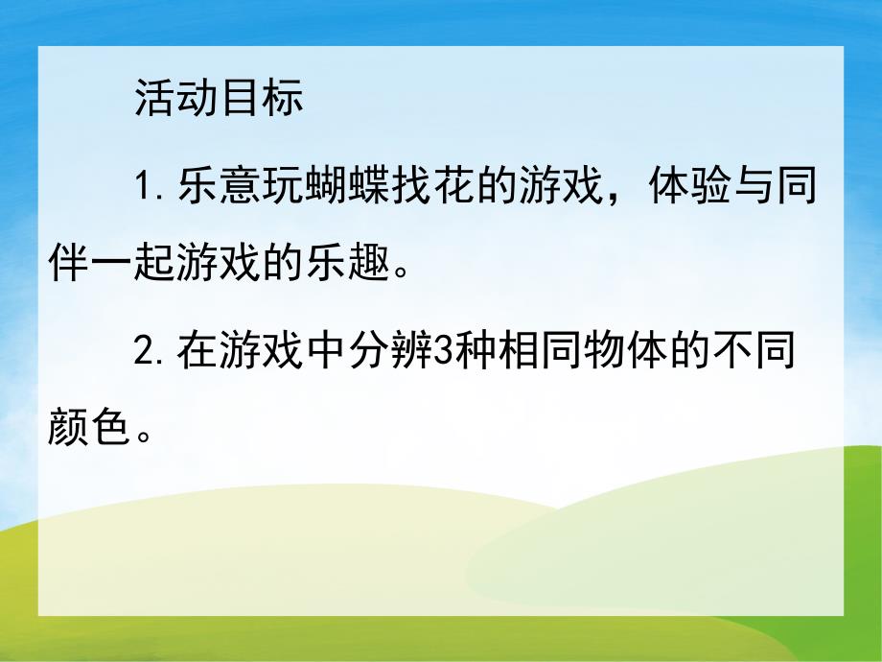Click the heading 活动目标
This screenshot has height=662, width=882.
pyautogui.click(x=219, y=99)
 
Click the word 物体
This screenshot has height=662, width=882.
pyautogui.click(x=623, y=354)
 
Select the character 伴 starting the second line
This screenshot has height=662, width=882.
pyautogui.click(x=67, y=258)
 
